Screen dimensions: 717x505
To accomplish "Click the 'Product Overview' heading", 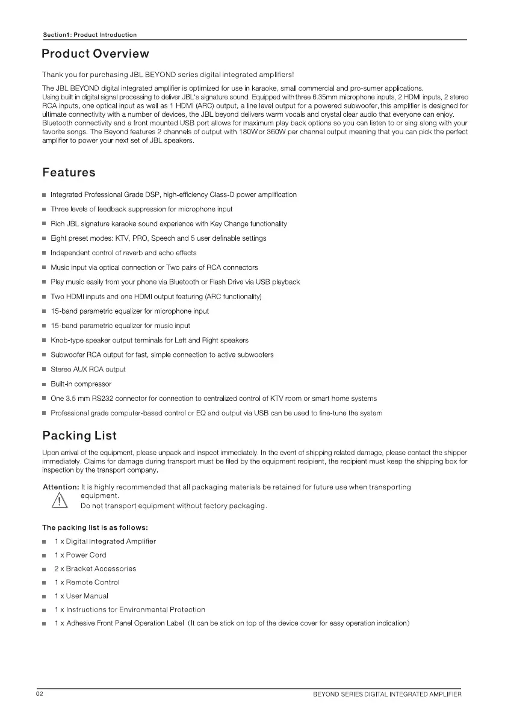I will click(95, 54).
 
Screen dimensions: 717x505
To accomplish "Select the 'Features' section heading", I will click(69, 173).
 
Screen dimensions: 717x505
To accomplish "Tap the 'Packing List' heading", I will click(79, 435).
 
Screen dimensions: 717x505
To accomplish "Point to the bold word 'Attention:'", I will click(61, 486).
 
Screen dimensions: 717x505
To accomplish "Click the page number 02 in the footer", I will click(39, 695).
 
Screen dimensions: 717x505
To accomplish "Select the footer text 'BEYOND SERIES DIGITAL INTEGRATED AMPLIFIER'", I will click(387, 695).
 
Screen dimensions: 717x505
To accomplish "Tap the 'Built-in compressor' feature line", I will click(81, 384).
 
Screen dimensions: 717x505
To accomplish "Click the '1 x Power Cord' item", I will click(80, 555).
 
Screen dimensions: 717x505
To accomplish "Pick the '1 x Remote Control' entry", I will click(87, 582).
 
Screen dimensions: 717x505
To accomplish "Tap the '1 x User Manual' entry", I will click(81, 596).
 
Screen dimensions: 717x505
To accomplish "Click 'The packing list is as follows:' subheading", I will click(91, 528).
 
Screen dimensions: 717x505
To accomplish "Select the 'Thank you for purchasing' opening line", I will click(168, 75).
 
